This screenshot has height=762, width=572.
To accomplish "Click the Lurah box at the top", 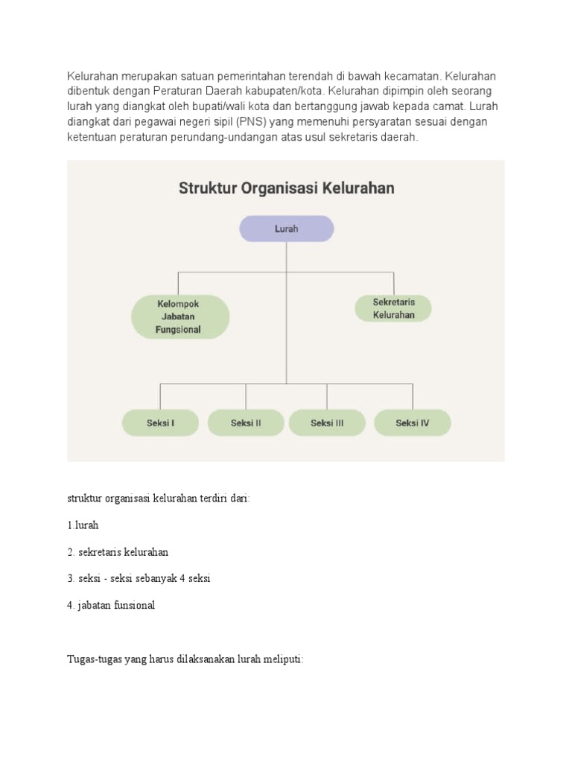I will pos(286,229).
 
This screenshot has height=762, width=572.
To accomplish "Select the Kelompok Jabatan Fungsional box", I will pos(179,317).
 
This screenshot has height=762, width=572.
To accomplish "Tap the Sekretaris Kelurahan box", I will pos(393,309).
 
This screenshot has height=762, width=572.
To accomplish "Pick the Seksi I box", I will pos(160,423).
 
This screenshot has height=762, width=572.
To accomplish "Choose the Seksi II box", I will pos(246,423).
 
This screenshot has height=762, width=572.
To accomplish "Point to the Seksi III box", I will pos(327,423).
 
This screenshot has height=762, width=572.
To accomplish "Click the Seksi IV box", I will pos(412,423).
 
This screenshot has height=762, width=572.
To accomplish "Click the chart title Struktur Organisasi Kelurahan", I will pos(286,188).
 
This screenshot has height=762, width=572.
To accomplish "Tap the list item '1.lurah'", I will pos(83,525).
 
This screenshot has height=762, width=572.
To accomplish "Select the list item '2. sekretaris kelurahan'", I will pos(118,552).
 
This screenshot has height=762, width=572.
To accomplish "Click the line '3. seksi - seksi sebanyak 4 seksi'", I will pos(139,578).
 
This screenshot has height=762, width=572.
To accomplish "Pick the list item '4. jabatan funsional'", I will pos(111,605).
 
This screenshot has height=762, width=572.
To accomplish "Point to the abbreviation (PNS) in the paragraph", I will pos(250,122).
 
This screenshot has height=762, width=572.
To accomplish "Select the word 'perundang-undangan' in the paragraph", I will pos(231,137).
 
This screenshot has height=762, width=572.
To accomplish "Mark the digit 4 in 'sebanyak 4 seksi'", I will pos(186,578).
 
